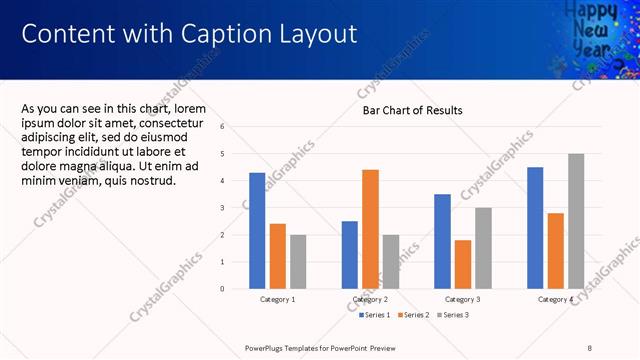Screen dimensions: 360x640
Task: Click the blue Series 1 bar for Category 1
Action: pos(257,231)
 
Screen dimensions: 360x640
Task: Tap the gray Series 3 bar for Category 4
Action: pos(576,221)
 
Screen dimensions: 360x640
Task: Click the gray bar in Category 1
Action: pos(298,262)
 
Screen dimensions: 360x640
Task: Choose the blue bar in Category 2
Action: pos(350,255)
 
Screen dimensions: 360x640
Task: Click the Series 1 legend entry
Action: pos(375,315)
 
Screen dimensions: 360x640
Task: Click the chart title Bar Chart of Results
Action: pos(412,110)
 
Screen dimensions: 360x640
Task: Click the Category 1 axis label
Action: pos(278,299)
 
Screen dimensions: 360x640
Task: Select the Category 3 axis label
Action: pos(463,299)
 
